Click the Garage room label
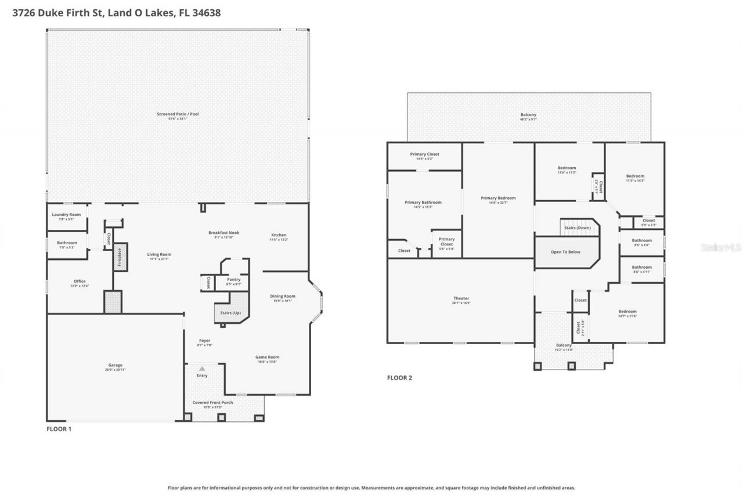pyautogui.click(x=115, y=365)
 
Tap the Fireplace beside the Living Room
pyautogui.click(x=118, y=256)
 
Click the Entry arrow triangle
pyautogui.click(x=202, y=368)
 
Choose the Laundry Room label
pyautogui.click(x=66, y=215)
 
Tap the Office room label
pyautogui.click(x=80, y=281)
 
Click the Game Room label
pyautogui.click(x=267, y=357)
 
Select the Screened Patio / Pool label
pyautogui.click(x=178, y=114)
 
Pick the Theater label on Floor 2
pyautogui.click(x=461, y=299)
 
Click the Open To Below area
pyautogui.click(x=565, y=252)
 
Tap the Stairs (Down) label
pyautogui.click(x=577, y=228)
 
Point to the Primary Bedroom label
pyautogui.click(x=498, y=198)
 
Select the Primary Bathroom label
pyautogui.click(x=423, y=203)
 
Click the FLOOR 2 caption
pyautogui.click(x=399, y=378)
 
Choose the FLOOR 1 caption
pyautogui.click(x=59, y=429)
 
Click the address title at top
pyautogui.click(x=117, y=12)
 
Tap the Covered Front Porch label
pyautogui.click(x=212, y=402)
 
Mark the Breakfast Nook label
pyautogui.click(x=224, y=233)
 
